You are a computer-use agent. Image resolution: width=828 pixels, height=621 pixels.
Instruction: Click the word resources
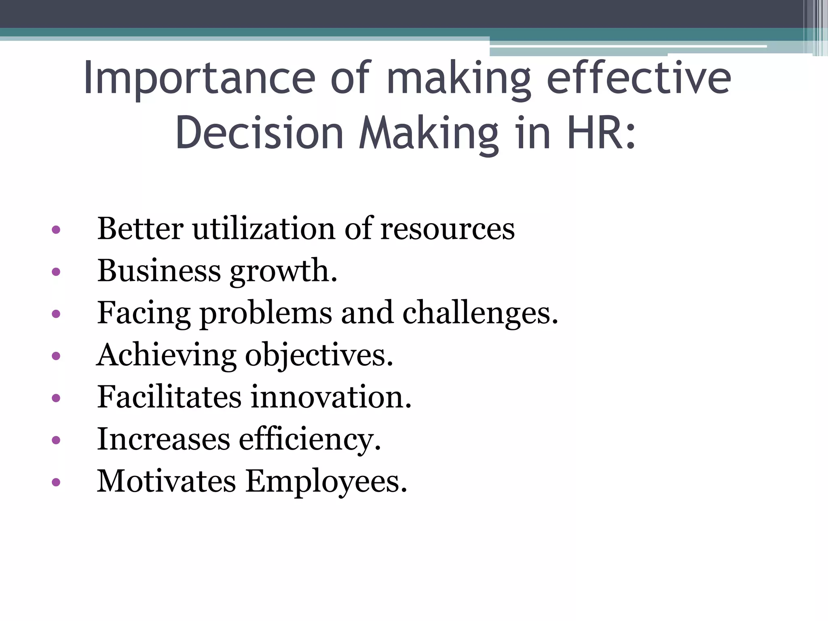click(x=448, y=229)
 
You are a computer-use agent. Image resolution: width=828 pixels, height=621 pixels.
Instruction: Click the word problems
click(x=266, y=313)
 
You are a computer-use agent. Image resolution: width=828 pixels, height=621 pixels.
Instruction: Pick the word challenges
click(x=480, y=313)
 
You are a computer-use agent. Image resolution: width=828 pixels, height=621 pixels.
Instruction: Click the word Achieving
click(x=166, y=355)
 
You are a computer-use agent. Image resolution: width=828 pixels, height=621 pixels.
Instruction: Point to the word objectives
click(x=319, y=355)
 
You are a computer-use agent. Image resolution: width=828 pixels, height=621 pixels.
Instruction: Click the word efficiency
click(x=310, y=439)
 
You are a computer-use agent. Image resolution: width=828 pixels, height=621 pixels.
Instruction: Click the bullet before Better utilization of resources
click(x=56, y=230)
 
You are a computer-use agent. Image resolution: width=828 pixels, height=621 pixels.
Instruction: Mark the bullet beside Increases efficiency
click(x=56, y=440)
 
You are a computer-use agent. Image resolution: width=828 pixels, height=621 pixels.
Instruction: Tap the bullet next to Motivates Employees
click(x=56, y=482)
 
